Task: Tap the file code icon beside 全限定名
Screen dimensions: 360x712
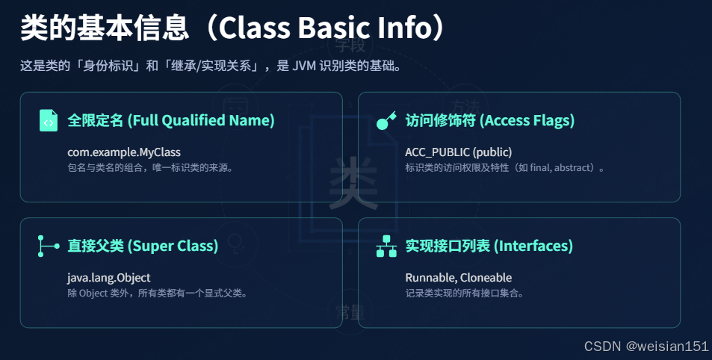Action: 49,120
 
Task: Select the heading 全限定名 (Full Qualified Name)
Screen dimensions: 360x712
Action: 171,120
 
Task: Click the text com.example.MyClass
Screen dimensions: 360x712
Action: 124,152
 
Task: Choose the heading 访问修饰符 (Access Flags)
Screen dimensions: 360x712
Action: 489,120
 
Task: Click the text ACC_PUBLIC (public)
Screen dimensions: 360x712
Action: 458,152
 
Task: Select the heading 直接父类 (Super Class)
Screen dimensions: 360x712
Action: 143,246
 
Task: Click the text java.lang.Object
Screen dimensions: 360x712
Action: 109,278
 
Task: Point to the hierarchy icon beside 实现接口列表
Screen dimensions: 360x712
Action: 386,246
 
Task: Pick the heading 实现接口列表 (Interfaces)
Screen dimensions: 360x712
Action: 489,246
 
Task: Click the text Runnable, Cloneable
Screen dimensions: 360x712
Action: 458,278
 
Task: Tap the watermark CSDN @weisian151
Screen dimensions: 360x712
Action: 646,347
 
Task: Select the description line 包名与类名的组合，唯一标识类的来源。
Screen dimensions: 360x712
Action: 151,167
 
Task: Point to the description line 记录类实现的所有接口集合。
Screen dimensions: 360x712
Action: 465,293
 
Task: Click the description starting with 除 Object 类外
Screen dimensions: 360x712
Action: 157,293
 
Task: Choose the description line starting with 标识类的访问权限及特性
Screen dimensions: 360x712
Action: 505,167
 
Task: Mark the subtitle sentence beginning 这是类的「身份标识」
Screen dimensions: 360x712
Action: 211,66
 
